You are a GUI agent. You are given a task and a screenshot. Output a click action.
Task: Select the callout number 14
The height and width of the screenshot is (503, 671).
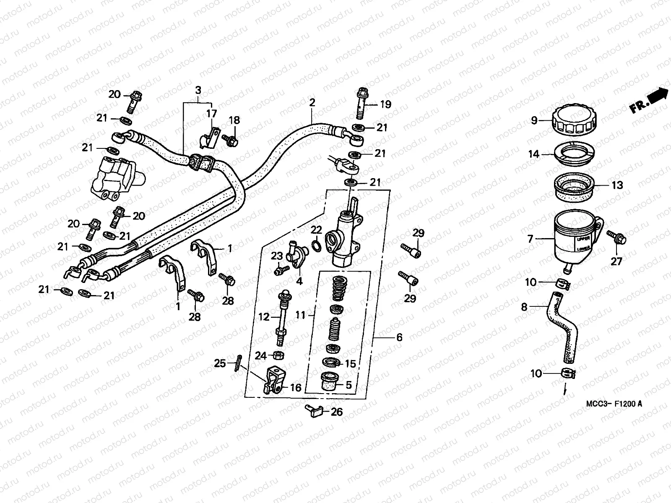[533, 154]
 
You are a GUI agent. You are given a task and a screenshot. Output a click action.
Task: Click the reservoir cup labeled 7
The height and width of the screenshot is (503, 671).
[574, 240]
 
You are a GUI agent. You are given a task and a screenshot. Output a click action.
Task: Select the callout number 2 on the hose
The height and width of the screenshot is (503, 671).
[312, 103]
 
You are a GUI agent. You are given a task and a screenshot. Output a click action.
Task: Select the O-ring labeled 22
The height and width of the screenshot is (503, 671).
[317, 245]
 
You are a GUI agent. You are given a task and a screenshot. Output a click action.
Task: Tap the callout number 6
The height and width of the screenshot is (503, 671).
[399, 337]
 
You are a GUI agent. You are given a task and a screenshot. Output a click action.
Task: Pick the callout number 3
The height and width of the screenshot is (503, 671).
[198, 90]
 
